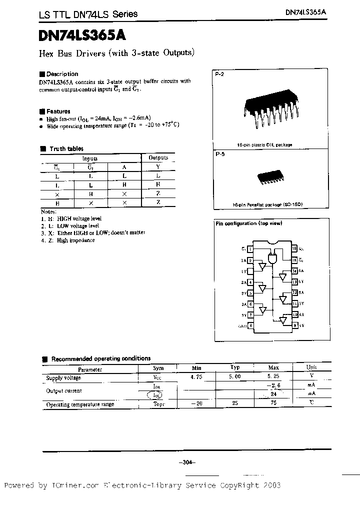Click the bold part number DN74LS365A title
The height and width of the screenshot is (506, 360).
[82, 35]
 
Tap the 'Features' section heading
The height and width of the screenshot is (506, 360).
[58, 111]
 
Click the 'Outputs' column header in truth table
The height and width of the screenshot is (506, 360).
[158, 157]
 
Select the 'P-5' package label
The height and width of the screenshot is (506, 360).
[220, 155]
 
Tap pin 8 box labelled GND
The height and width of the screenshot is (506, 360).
[250, 325]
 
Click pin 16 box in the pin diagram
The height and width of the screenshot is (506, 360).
[295, 248]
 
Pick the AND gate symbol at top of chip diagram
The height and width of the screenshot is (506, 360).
[272, 258]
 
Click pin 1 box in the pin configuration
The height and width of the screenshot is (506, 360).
[250, 248]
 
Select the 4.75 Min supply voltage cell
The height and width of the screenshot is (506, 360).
[196, 378]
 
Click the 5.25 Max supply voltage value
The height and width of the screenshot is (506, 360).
[274, 378]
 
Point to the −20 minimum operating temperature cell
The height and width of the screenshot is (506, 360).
[196, 404]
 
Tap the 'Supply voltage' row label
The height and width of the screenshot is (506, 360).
[63, 378]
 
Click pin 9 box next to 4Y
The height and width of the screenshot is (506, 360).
[295, 325]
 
